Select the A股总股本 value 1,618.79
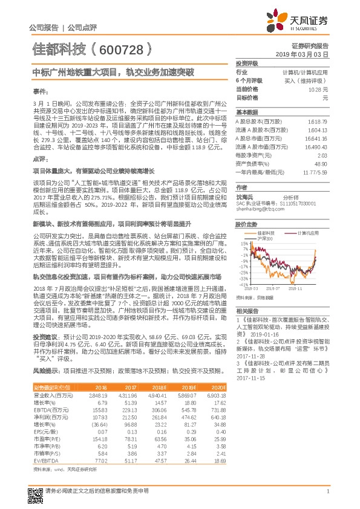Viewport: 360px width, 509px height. pyautogui.click(x=317, y=122)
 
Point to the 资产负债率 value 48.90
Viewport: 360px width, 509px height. pyautogui.click(x=321, y=164)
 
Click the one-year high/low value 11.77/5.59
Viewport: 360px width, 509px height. pyautogui.click(x=313, y=172)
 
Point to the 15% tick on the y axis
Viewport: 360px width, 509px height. pyautogui.click(x=243, y=244)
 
